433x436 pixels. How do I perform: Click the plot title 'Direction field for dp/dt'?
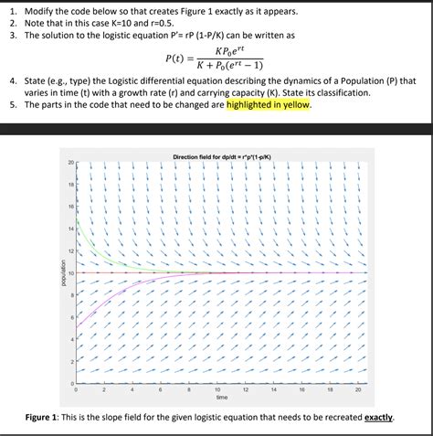point(220,156)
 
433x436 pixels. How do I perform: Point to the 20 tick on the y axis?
point(70,163)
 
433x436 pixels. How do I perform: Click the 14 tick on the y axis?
point(70,229)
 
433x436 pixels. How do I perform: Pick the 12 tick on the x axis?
point(246,390)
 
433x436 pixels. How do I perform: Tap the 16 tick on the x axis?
point(302,390)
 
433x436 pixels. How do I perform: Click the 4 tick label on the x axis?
point(132,390)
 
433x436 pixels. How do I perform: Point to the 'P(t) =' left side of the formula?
point(183,59)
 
